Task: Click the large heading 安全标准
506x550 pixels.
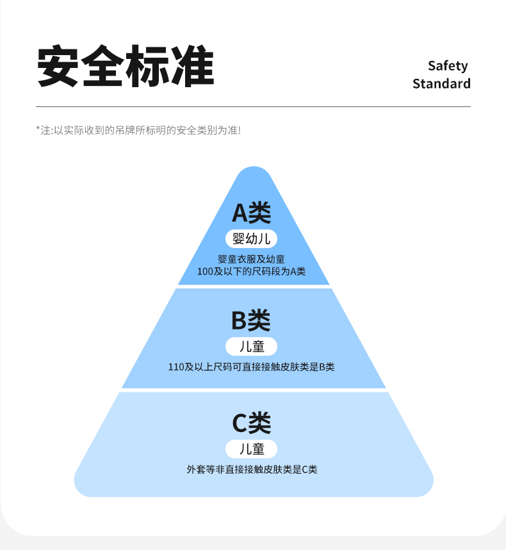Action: (x=125, y=67)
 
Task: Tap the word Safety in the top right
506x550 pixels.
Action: (x=448, y=66)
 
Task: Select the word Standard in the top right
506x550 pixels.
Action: (x=441, y=84)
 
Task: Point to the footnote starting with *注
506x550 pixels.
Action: (x=138, y=130)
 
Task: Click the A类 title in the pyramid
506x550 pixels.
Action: (x=252, y=212)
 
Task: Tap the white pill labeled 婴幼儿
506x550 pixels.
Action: (x=252, y=239)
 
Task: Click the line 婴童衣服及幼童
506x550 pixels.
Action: (x=252, y=259)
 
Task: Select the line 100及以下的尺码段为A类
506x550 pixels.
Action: (x=252, y=271)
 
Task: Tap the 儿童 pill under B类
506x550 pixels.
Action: (x=252, y=346)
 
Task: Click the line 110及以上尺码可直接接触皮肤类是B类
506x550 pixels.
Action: (x=252, y=367)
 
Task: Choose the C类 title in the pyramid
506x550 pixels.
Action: (x=252, y=422)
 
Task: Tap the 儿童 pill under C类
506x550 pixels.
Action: (x=252, y=449)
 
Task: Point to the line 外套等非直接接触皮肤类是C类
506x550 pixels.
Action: (x=252, y=469)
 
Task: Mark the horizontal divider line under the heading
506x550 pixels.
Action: (x=253, y=106)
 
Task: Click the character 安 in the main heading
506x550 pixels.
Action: (x=58, y=67)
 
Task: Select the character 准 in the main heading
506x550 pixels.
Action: (x=192, y=67)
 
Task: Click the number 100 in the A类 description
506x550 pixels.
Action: (x=205, y=271)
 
